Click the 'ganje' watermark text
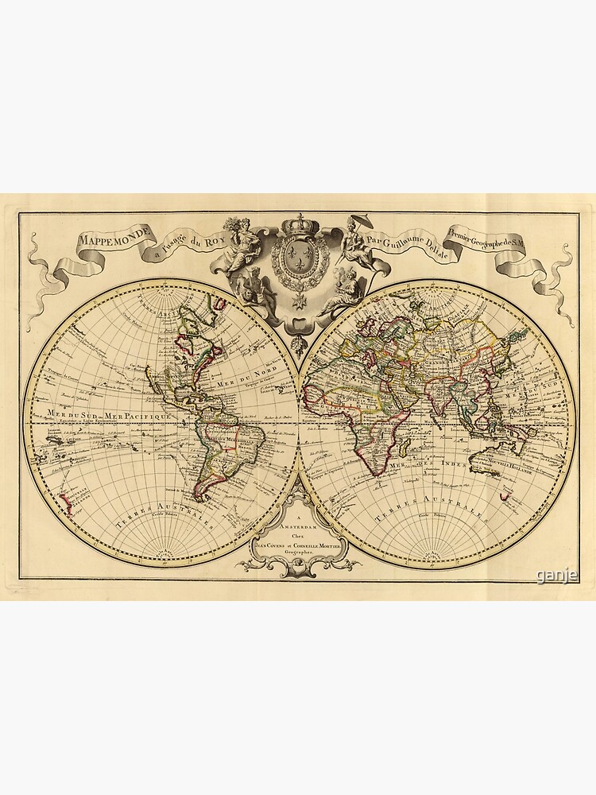click(x=556, y=576)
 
